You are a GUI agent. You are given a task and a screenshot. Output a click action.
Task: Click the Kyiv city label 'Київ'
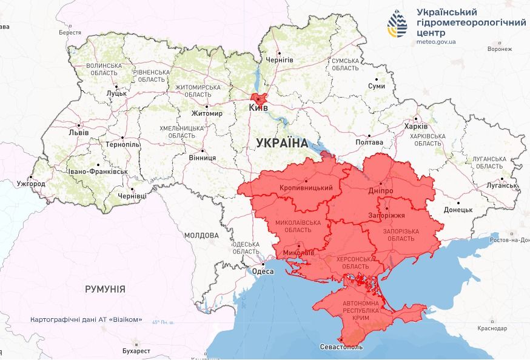pos(258,108)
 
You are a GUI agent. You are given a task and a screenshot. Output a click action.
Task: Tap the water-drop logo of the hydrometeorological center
pos(398,24)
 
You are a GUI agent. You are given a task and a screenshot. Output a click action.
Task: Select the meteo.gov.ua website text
pos(437,41)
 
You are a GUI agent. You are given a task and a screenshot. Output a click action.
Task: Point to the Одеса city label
pos(263,272)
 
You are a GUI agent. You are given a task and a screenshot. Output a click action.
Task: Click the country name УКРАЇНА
pos(282,143)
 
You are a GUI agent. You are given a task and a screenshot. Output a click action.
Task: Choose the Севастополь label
pos(341,347)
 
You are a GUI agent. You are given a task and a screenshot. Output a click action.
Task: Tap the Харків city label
pos(415,126)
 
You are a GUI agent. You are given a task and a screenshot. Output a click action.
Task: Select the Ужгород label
pos(31,184)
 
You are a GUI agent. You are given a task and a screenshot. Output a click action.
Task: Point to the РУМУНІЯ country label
pos(105,289)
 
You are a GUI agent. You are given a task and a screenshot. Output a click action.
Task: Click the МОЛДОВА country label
pos(201,235)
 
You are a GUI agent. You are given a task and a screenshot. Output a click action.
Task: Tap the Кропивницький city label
pos(306,188)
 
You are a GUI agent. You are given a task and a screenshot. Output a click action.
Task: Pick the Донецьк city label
pos(458,210)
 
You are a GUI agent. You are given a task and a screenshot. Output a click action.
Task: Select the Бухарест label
pos(135,351)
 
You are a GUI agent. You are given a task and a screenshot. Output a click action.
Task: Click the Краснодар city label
pos(491,328)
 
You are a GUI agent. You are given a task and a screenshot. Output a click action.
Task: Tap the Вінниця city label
pos(202,158)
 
